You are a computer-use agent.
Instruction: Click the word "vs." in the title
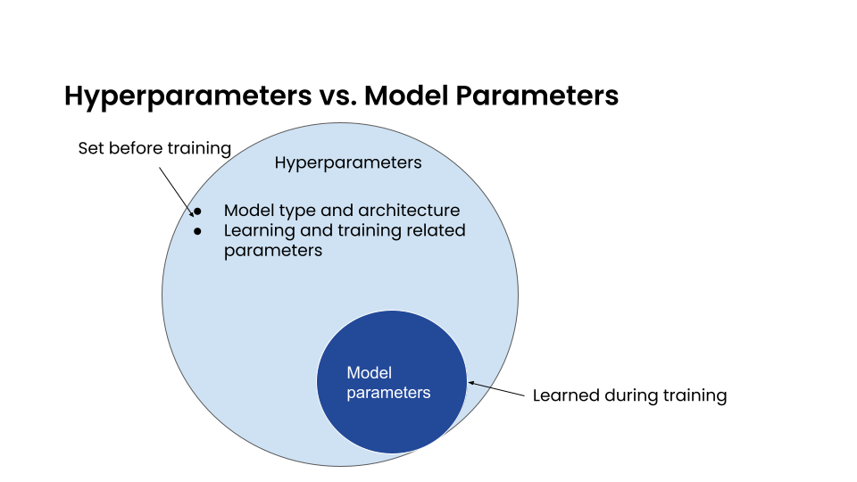[339, 96]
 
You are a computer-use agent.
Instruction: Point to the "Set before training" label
[154, 148]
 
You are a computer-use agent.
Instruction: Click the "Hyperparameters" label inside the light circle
[348, 162]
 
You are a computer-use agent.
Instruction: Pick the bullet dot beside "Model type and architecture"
[198, 212]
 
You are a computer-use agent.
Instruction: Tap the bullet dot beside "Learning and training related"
[198, 231]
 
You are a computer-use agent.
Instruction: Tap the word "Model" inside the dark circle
[369, 373]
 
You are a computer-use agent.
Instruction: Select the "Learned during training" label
[629, 395]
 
